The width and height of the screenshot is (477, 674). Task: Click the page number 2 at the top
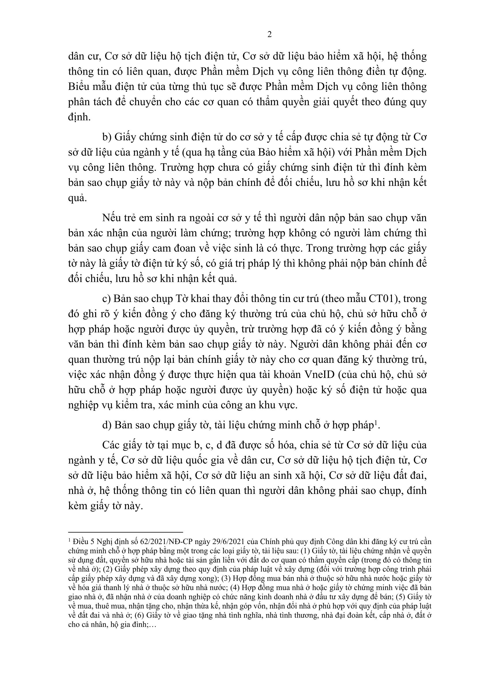click(x=269, y=35)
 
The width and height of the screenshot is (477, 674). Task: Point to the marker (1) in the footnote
click(x=307, y=551)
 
